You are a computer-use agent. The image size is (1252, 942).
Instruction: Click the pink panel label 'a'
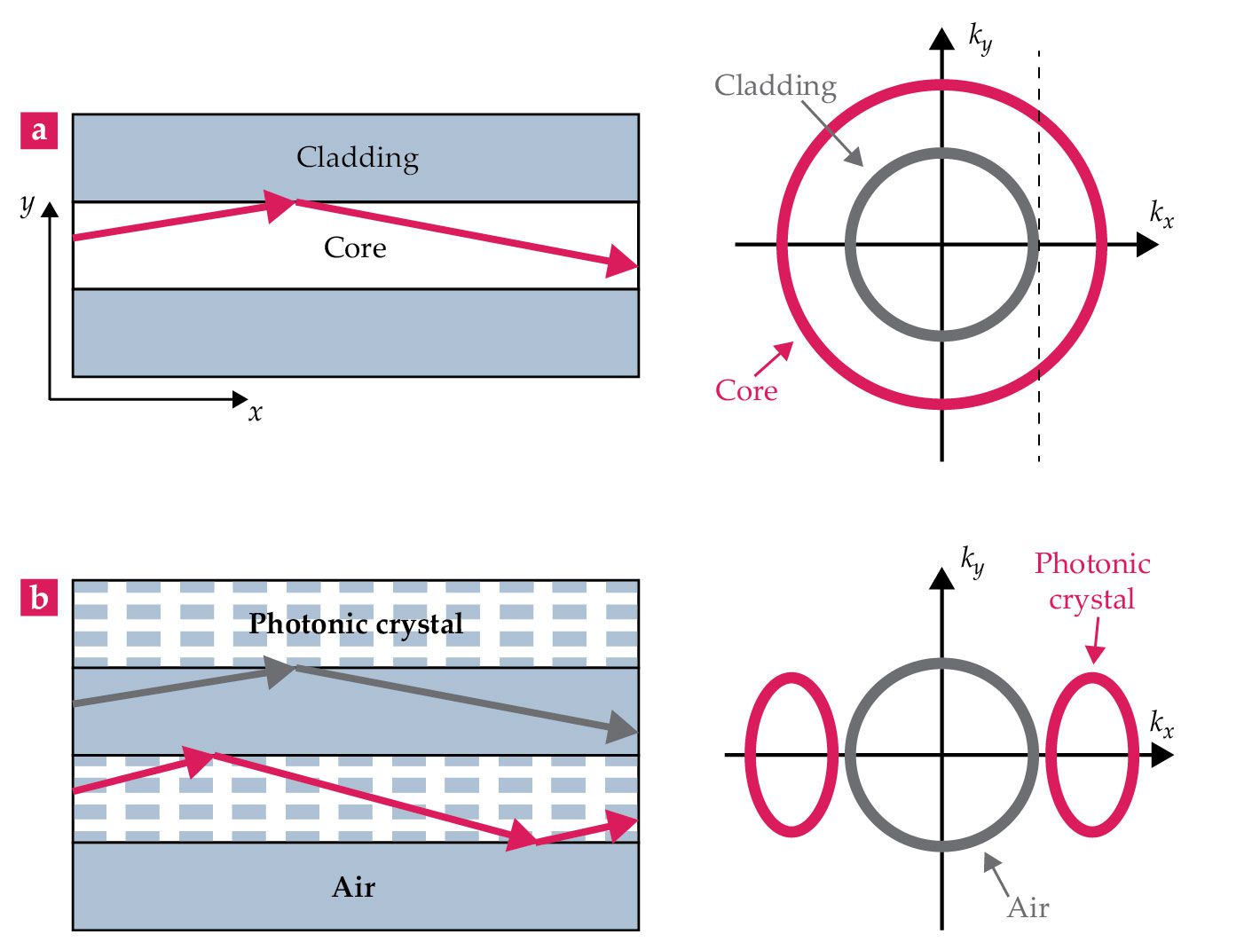click(x=39, y=130)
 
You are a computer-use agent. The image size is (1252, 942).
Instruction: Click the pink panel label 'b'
click(x=39, y=598)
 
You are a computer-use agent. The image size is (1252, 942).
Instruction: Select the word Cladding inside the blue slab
click(x=357, y=157)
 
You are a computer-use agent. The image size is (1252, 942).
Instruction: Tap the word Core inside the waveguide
click(x=355, y=247)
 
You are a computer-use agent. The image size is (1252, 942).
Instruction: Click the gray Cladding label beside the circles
click(x=776, y=85)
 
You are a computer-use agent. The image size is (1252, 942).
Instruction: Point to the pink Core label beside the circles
click(x=746, y=390)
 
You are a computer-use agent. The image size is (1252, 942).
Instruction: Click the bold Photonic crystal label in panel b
click(x=356, y=624)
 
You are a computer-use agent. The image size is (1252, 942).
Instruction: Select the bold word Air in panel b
click(x=354, y=887)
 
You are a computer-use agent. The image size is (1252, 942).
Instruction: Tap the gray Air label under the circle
click(x=1028, y=907)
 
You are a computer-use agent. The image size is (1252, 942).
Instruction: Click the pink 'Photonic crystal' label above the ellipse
click(x=1092, y=581)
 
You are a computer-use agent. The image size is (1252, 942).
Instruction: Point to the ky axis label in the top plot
click(x=980, y=39)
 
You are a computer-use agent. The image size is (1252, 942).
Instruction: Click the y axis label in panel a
click(x=28, y=204)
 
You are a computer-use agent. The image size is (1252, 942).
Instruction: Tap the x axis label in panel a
click(x=256, y=412)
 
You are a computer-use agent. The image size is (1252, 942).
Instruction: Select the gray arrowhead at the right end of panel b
click(x=621, y=727)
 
